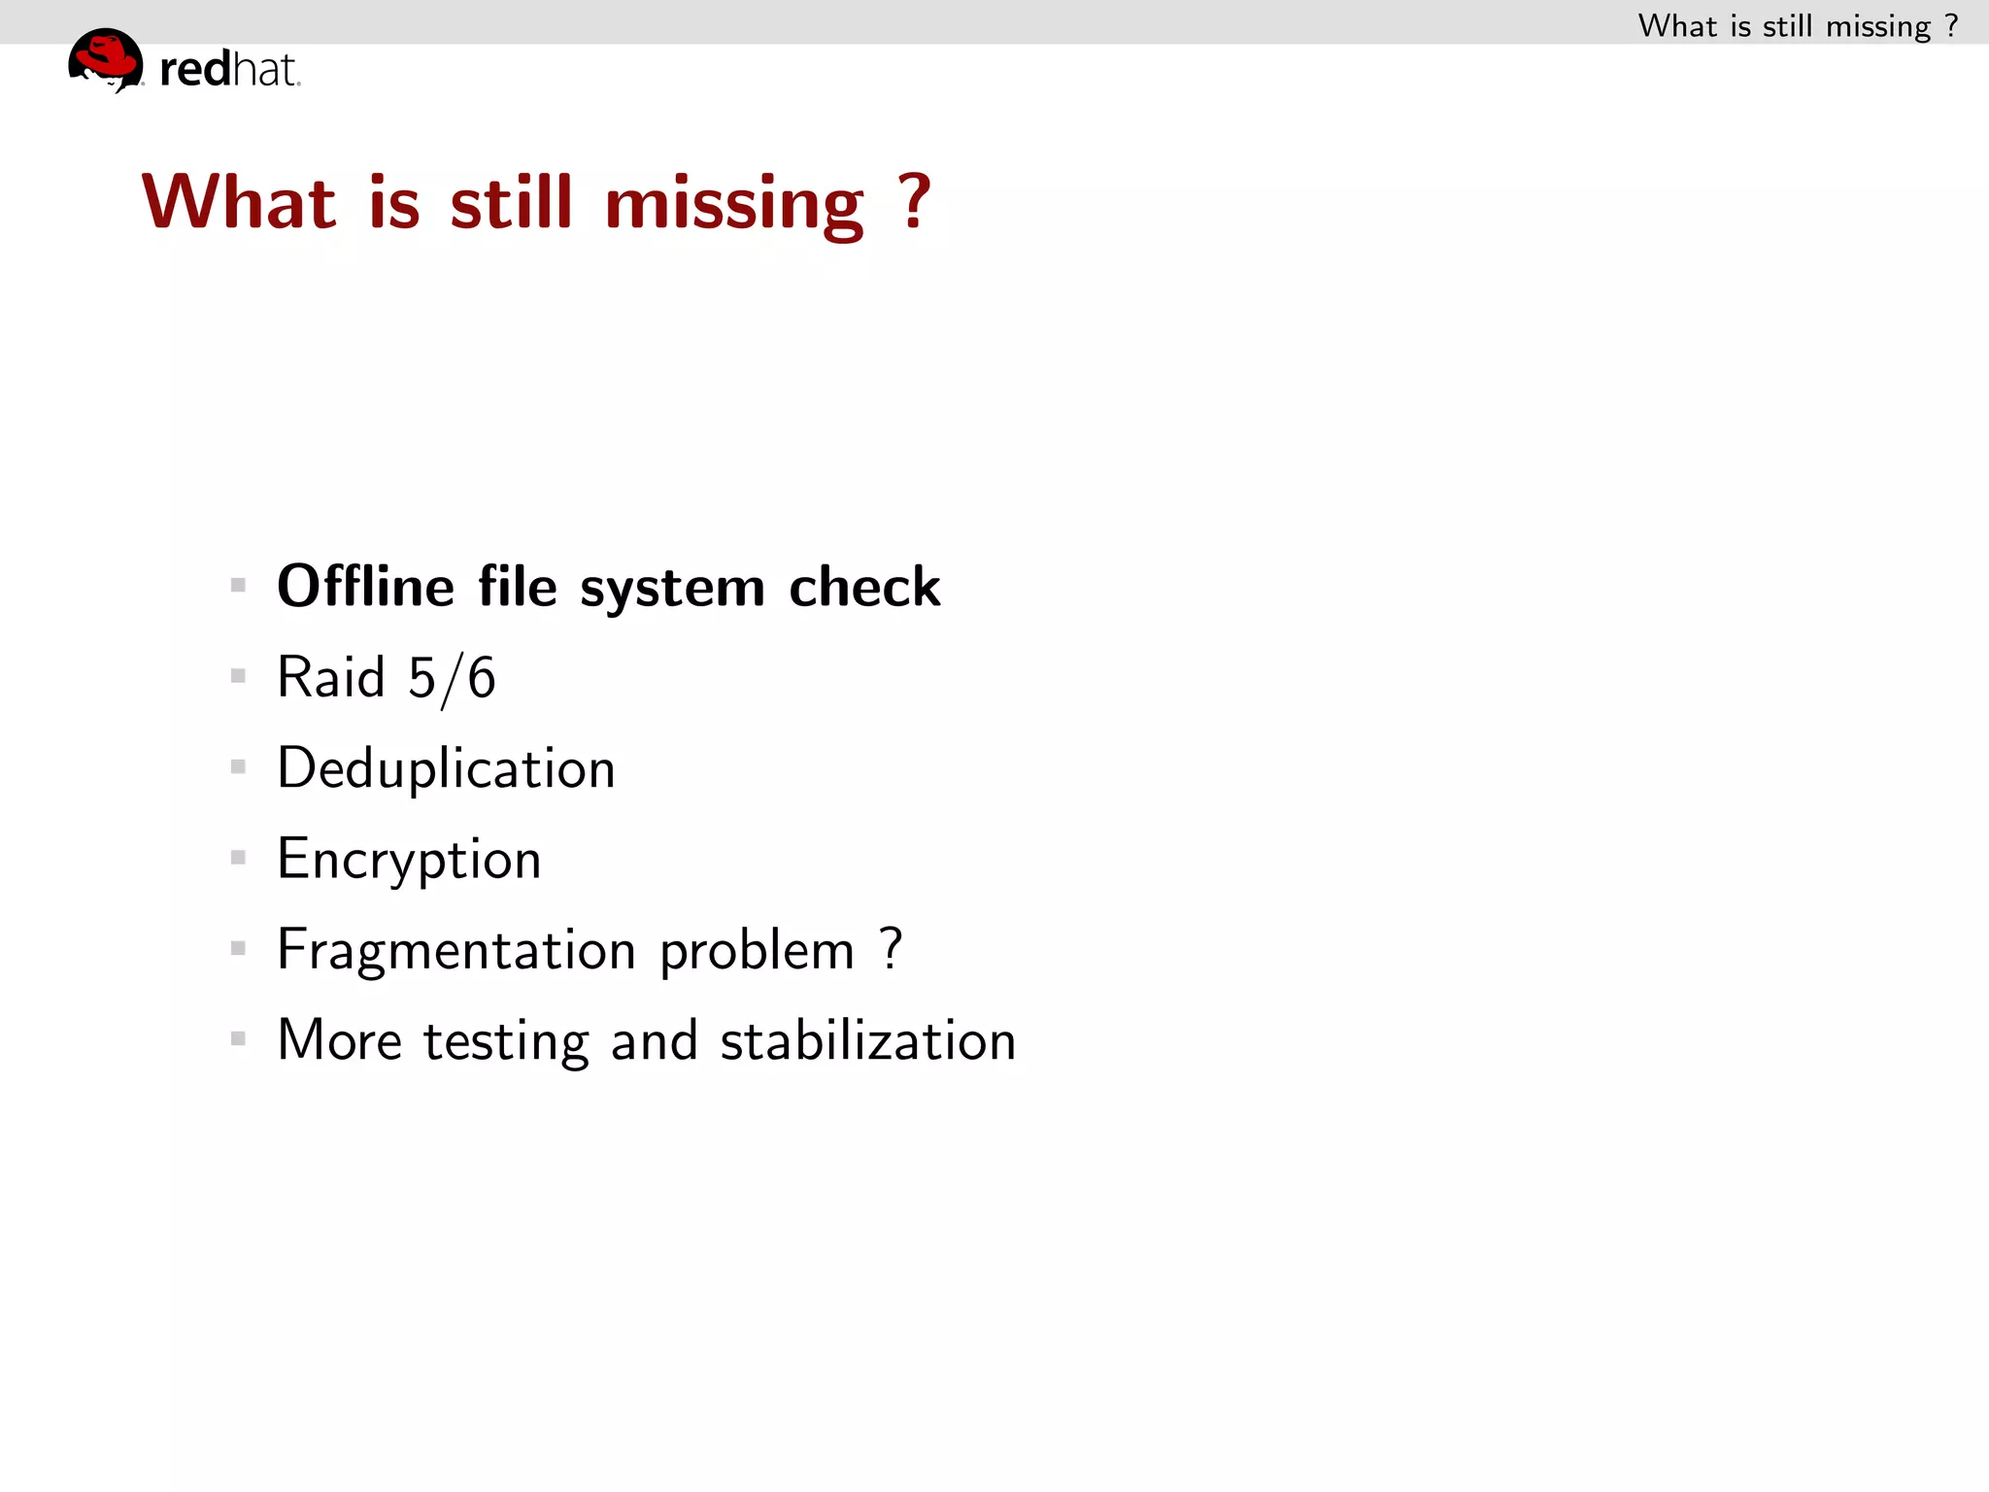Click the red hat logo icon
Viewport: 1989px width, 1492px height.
(x=106, y=59)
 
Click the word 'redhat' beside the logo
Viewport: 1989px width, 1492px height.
(x=229, y=70)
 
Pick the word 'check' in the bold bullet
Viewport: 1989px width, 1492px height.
(x=864, y=587)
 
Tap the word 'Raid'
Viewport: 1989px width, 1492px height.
(x=331, y=677)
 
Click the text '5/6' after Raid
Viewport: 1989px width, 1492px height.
(x=452, y=678)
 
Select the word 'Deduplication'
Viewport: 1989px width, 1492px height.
(x=446, y=768)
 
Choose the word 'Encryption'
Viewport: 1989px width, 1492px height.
(x=409, y=860)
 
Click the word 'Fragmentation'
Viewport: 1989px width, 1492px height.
(x=456, y=950)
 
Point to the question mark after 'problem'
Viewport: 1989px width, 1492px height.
(x=892, y=948)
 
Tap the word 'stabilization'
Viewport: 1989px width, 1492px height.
(x=867, y=1040)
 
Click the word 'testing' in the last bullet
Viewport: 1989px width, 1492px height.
(x=506, y=1041)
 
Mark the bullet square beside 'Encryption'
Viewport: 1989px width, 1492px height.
(x=238, y=858)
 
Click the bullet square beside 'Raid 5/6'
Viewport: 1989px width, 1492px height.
(x=238, y=676)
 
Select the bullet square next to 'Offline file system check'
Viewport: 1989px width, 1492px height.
(x=238, y=585)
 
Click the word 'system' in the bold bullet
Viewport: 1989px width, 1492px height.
(x=672, y=589)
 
